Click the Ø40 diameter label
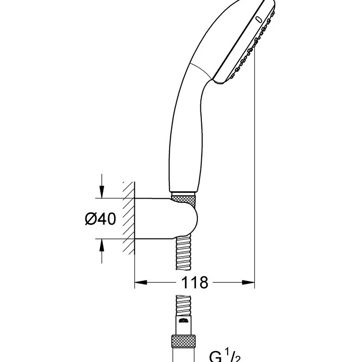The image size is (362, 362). [x=100, y=219]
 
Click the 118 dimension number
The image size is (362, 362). [x=195, y=282]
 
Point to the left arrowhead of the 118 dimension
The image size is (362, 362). [x=141, y=282]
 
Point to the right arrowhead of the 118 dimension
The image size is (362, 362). [x=248, y=282]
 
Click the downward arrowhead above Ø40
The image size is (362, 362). [x=101, y=191]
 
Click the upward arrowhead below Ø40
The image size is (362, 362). [x=101, y=245]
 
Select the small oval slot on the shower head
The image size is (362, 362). [x=259, y=19]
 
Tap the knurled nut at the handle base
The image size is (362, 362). [x=184, y=199]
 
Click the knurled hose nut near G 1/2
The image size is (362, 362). [x=184, y=342]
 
